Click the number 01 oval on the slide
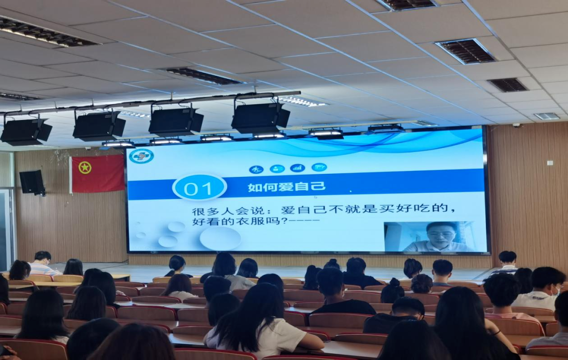click(x=199, y=187)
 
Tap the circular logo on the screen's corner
click(x=141, y=156)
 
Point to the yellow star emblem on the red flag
click(x=85, y=167)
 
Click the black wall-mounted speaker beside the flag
click(x=32, y=182)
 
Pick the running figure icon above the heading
click(x=256, y=169)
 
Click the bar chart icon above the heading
click(x=298, y=168)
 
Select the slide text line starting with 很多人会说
click(x=323, y=209)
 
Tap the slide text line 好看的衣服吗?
click(x=256, y=221)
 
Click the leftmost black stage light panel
click(x=26, y=131)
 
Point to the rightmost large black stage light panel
click(x=260, y=118)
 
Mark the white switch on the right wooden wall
click(x=550, y=163)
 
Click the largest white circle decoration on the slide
click(x=220, y=238)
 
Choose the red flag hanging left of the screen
click(x=97, y=174)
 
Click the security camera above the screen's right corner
click(x=516, y=125)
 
